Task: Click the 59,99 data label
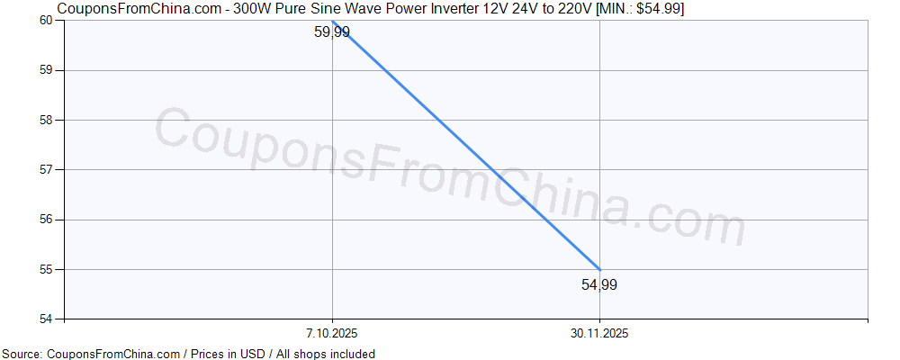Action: pos(332,32)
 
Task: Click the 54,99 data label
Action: pos(599,285)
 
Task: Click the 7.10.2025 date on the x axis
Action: pos(332,334)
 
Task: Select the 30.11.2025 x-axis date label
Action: pos(599,334)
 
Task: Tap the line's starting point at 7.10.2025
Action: pos(333,21)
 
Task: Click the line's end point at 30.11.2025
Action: pos(599,269)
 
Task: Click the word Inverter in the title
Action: pos(436,9)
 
